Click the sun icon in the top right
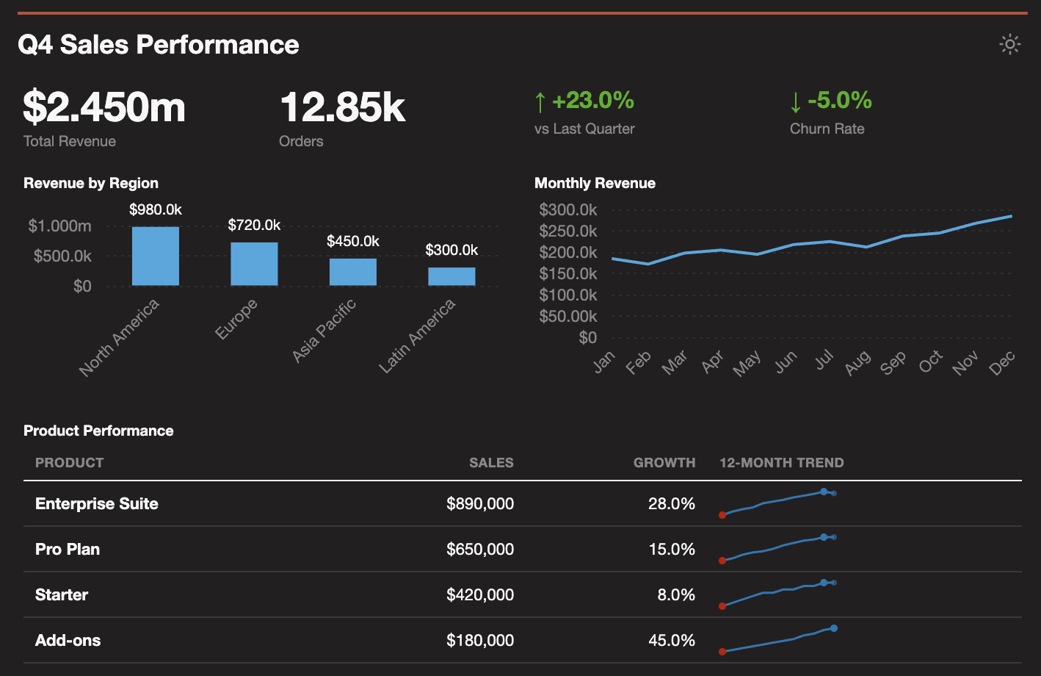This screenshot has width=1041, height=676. [x=1010, y=45]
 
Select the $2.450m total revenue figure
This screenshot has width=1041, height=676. [x=104, y=107]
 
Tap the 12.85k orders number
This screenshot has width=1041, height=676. [x=342, y=107]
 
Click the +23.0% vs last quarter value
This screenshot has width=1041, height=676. [x=592, y=101]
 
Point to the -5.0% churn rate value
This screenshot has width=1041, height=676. [x=839, y=101]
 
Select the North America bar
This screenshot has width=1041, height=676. [x=156, y=256]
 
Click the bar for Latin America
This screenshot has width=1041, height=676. [x=451, y=276]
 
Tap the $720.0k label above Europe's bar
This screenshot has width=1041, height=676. [x=254, y=225]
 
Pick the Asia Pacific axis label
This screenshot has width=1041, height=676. [x=324, y=331]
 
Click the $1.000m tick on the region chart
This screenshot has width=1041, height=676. [x=60, y=226]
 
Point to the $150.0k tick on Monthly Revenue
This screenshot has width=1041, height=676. [x=568, y=273]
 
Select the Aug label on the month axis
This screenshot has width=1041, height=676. [x=857, y=363]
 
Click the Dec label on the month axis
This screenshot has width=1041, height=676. [x=1001, y=363]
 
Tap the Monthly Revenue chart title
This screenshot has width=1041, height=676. [x=595, y=183]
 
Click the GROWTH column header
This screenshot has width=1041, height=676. [x=664, y=463]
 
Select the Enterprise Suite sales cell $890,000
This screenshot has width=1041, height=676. [x=480, y=504]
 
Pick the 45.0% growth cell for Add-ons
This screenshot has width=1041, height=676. [x=672, y=641]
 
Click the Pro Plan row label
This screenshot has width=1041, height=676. [x=68, y=550]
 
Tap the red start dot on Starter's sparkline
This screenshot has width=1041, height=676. [x=722, y=606]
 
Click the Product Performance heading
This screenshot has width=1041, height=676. [x=98, y=431]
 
